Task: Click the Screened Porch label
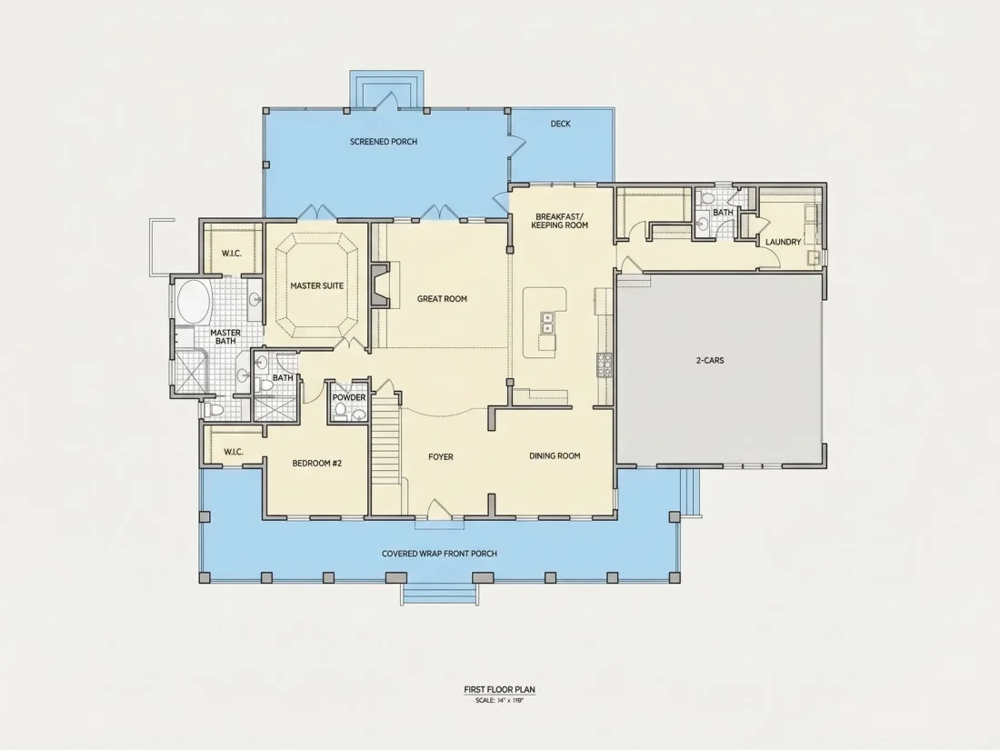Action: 384,142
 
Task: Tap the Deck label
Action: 561,124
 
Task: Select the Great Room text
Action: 442,298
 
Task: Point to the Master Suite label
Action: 317,285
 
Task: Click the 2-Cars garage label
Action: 710,360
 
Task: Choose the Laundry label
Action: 783,242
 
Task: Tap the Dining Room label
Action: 555,456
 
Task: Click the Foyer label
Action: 441,456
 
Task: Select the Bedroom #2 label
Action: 317,463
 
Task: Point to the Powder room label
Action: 349,397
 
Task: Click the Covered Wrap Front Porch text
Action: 439,554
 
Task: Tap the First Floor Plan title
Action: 499,689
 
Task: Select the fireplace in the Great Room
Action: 380,285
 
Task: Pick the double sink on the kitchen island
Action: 547,323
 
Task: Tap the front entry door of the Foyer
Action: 439,508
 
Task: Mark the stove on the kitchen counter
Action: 604,365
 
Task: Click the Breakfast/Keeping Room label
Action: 560,221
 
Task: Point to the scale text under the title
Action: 499,700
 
